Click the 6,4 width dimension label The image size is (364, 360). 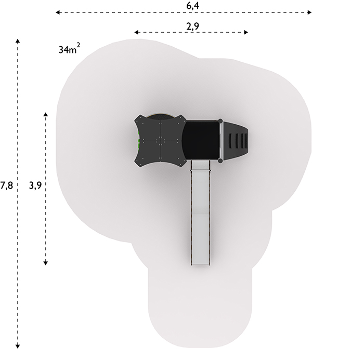pyautogui.click(x=193, y=6)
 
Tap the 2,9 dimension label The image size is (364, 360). pyautogui.click(x=193, y=26)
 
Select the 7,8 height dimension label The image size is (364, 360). pyautogui.click(x=6, y=185)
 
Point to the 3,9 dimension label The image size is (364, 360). pyautogui.click(x=35, y=185)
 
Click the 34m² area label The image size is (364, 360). pyautogui.click(x=69, y=49)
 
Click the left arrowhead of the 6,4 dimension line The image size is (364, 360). pyautogui.click(x=58, y=12)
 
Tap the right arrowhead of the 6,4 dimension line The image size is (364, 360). pyautogui.click(x=309, y=12)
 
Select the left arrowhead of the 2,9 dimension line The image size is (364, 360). pyautogui.click(x=136, y=32)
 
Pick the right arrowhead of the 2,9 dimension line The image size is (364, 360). pyautogui.click(x=246, y=32)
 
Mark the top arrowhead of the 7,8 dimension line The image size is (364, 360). pyautogui.click(x=18, y=41)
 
